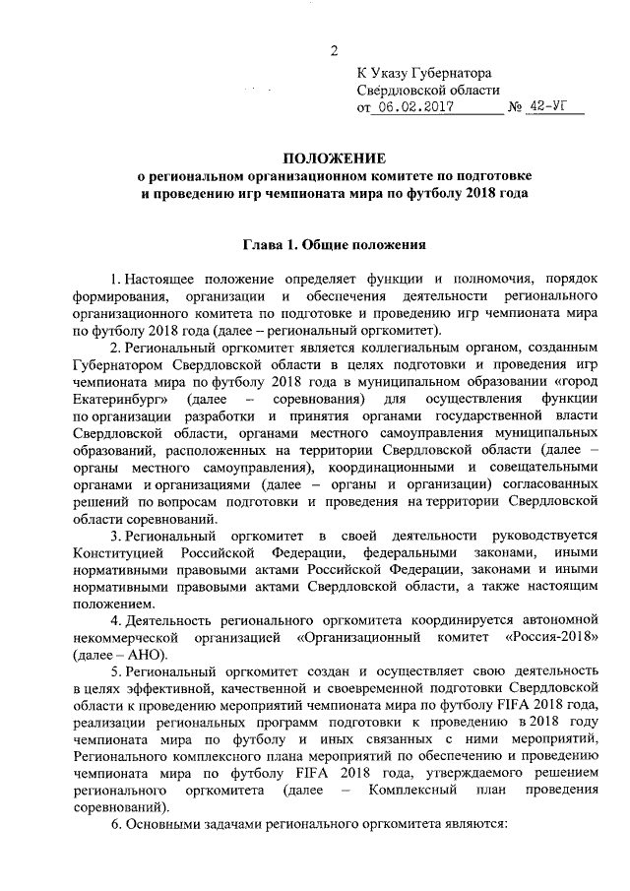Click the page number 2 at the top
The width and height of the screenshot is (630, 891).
[x=335, y=51]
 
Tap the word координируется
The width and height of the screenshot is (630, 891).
[x=429, y=620]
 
